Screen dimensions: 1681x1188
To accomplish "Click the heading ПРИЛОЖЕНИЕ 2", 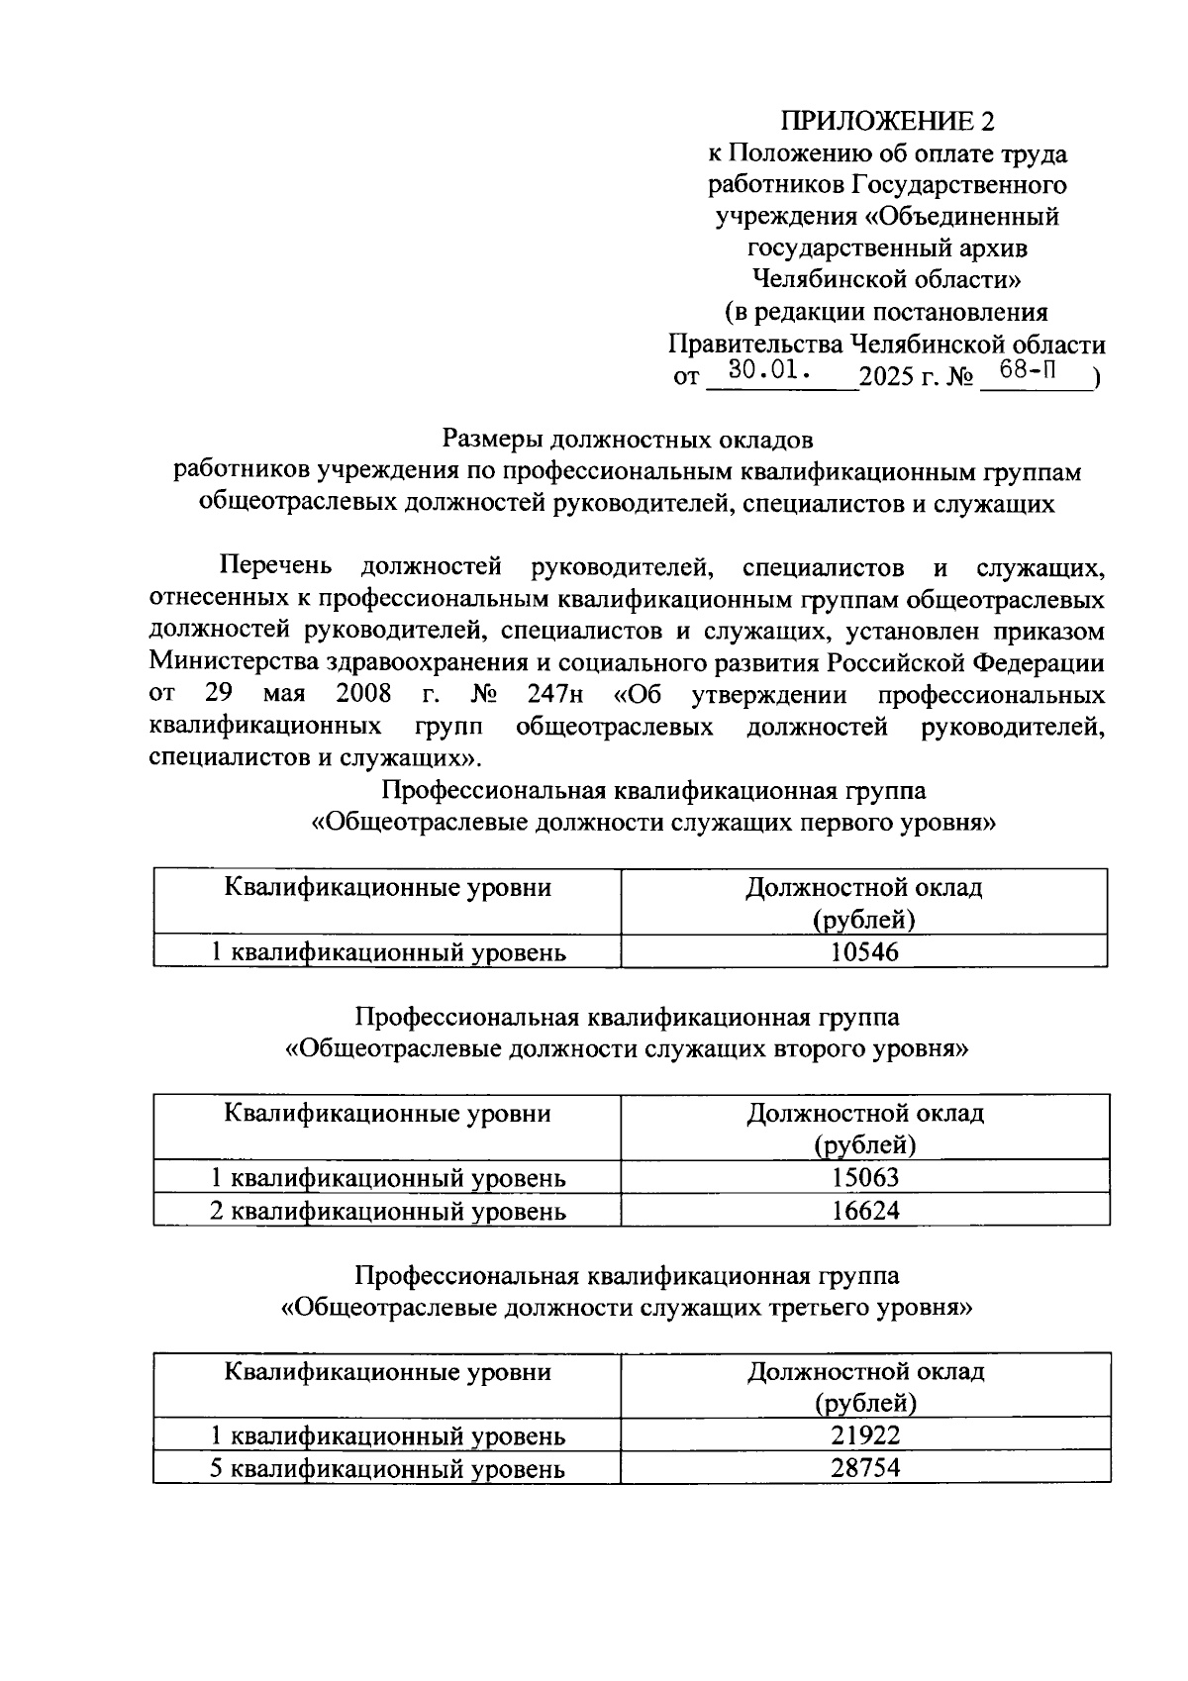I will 886,121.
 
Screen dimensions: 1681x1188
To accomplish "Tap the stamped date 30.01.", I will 769,371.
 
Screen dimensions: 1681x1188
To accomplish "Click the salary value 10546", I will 864,952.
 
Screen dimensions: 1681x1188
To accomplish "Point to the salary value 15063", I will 864,1177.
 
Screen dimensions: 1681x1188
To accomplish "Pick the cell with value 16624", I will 864,1210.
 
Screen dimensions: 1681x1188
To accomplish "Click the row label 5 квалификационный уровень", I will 387,1468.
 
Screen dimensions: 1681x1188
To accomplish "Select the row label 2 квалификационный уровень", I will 387,1210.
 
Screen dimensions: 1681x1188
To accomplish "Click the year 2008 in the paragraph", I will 363,694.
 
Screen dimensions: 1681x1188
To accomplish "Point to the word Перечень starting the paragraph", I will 275,567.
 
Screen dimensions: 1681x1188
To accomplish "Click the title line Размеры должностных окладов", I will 627,438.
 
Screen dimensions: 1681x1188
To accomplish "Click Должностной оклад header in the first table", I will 863,887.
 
